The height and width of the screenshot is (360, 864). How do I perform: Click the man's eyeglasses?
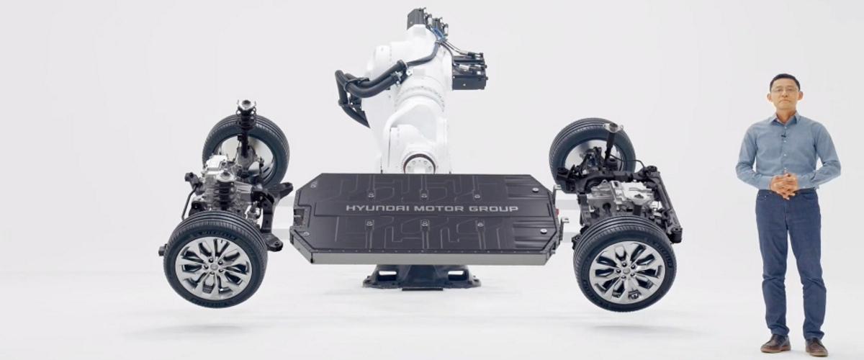point(785,91)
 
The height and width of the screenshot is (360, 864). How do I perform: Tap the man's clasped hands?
point(784,186)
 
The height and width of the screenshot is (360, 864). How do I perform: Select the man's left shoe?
point(816,347)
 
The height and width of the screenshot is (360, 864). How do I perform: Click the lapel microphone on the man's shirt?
point(783,135)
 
